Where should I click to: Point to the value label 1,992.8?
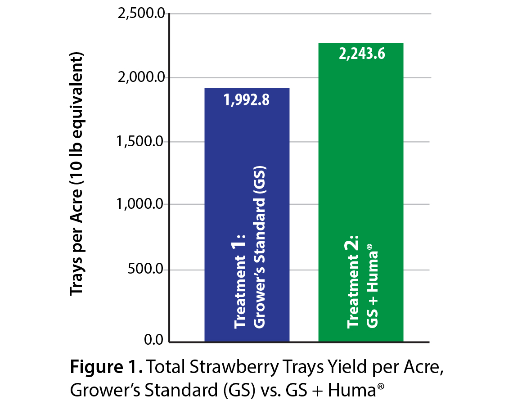click(x=247, y=100)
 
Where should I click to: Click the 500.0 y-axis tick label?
click(x=146, y=270)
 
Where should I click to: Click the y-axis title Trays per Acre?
click(x=77, y=175)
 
